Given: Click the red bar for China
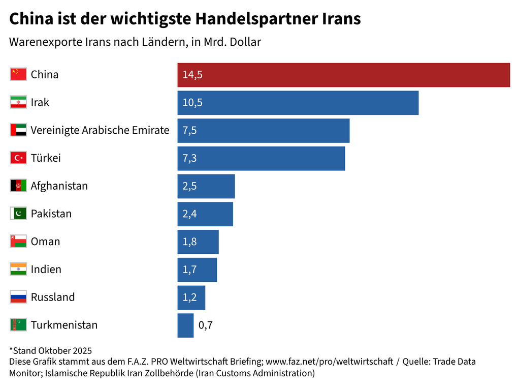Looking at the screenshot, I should pyautogui.click(x=343, y=75).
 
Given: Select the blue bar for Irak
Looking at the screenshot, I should pyautogui.click(x=298, y=103).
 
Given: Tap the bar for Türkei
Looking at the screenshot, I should pyautogui.click(x=261, y=158).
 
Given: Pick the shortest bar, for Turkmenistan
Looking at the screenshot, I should pyautogui.click(x=185, y=325).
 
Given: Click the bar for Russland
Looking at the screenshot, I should pyautogui.click(x=191, y=297).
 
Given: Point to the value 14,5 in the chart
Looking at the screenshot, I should pyautogui.click(x=192, y=75).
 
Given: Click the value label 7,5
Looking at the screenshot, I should pyautogui.click(x=189, y=130).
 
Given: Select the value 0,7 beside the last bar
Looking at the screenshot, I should pyautogui.click(x=205, y=325).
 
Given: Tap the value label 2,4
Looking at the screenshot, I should pyautogui.click(x=189, y=214).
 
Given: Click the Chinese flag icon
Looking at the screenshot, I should pyautogui.click(x=18, y=74).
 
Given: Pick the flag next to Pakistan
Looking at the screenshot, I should pyautogui.click(x=18, y=214).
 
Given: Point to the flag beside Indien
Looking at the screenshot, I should pyautogui.click(x=18, y=269).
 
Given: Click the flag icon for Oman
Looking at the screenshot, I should pyautogui.click(x=18, y=242).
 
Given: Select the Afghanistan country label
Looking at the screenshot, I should pyautogui.click(x=59, y=186).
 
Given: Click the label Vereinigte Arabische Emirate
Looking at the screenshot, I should pyautogui.click(x=100, y=130).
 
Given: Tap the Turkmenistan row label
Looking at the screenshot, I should pyautogui.click(x=64, y=325).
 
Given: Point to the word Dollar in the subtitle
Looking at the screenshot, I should pyautogui.click(x=245, y=42).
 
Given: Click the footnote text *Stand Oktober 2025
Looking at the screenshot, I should pyautogui.click(x=50, y=350).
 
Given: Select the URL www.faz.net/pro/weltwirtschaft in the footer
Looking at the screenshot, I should pyautogui.click(x=329, y=362).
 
